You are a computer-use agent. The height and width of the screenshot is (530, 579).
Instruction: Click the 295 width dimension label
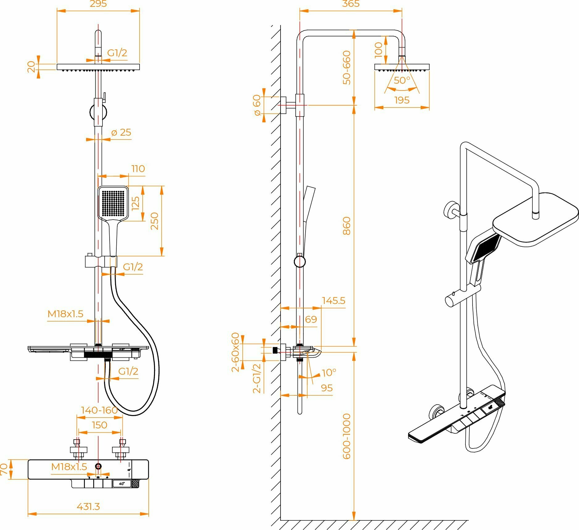pyautogui.click(x=98, y=4)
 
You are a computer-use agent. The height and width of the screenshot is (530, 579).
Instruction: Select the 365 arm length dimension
pyautogui.click(x=351, y=4)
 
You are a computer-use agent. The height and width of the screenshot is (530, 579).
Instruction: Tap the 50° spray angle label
pyautogui.click(x=402, y=80)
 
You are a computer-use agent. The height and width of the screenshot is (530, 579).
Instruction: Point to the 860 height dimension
pyautogui.click(x=347, y=226)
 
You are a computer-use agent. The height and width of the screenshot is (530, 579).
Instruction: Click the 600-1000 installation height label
pyautogui.click(x=347, y=436)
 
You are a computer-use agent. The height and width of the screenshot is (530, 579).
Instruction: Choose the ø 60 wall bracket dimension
pyautogui.click(x=257, y=105)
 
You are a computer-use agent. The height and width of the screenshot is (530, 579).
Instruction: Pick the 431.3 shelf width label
pyautogui.click(x=88, y=507)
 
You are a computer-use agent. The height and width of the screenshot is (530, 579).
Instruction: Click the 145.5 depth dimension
pyautogui.click(x=334, y=301)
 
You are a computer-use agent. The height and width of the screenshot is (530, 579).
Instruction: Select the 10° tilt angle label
pyautogui.click(x=329, y=372)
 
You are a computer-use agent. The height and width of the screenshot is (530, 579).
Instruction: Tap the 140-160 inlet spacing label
pyautogui.click(x=99, y=410)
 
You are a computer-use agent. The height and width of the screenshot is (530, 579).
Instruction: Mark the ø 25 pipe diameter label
pyautogui.click(x=121, y=132)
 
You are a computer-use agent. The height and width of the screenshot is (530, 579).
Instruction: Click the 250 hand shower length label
pyautogui.click(x=155, y=221)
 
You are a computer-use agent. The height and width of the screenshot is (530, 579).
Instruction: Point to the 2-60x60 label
pyautogui.click(x=235, y=352)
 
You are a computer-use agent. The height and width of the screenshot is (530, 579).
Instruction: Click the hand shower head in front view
pyautogui.click(x=113, y=203)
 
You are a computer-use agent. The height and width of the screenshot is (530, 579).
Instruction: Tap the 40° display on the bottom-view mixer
pyautogui.click(x=122, y=483)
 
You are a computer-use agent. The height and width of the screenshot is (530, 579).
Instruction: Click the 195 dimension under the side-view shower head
pyautogui.click(x=402, y=100)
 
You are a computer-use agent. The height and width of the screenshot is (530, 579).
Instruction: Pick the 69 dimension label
pyautogui.click(x=311, y=319)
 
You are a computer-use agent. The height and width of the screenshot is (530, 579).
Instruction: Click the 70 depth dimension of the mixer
pyautogui.click(x=4, y=469)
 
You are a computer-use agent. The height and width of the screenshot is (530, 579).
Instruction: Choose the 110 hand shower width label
pyautogui.click(x=138, y=169)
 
